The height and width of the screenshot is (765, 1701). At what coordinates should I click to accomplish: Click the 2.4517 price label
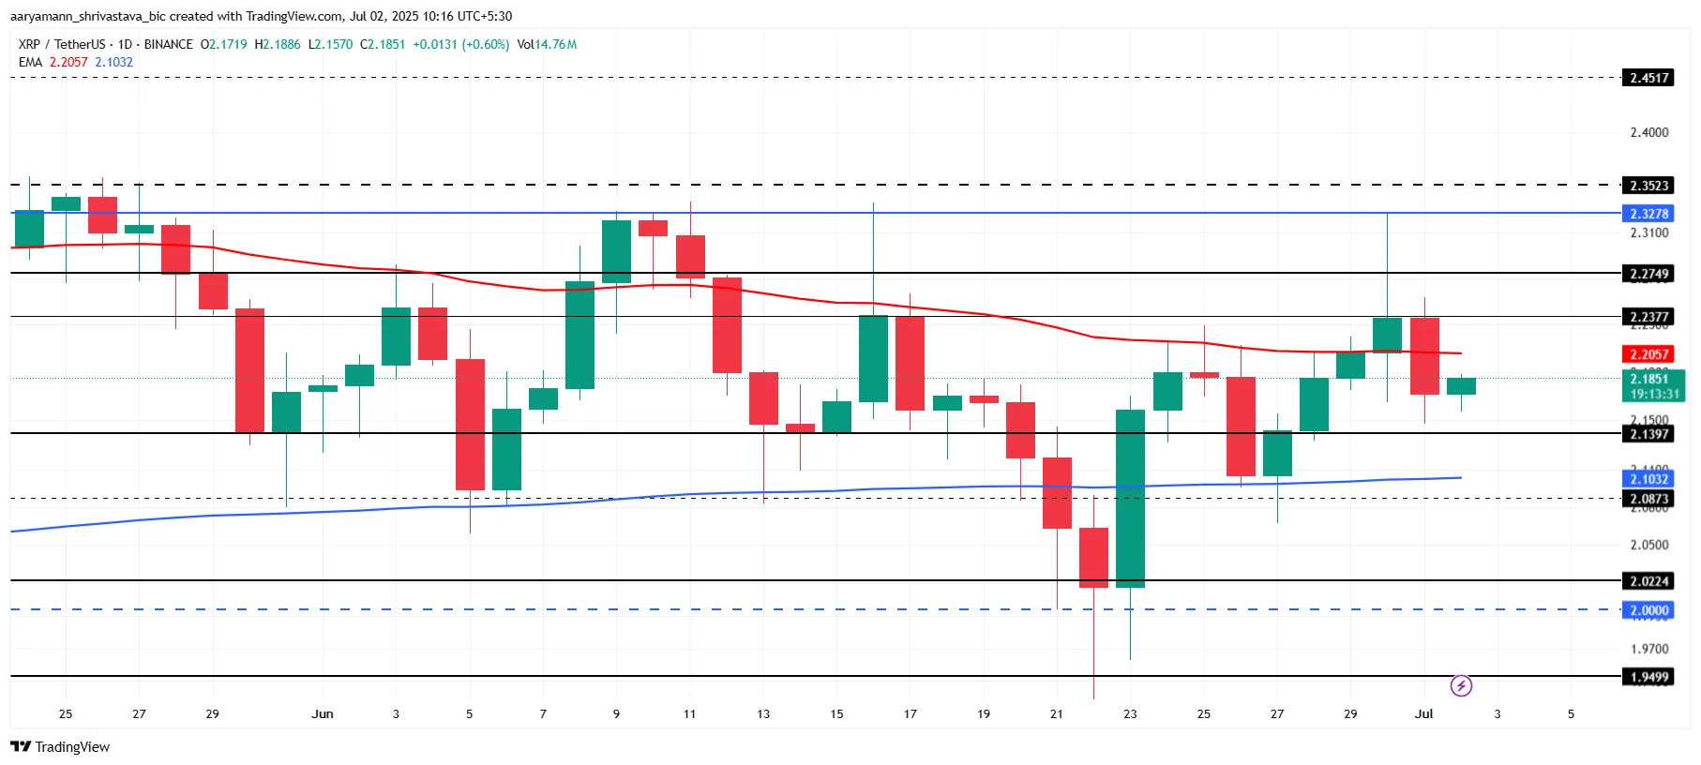(1648, 78)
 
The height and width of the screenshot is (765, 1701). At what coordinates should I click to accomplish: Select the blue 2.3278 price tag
(1648, 214)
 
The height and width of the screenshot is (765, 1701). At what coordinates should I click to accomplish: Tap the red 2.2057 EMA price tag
(1648, 354)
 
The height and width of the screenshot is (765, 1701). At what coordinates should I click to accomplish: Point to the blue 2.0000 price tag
(1648, 610)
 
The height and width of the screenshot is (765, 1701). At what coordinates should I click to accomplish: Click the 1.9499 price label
(1648, 677)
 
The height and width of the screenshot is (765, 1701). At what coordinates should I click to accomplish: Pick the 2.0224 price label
(1648, 581)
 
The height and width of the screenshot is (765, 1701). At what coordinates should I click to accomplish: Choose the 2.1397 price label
(1648, 434)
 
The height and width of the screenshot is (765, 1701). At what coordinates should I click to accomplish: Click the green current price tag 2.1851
(1652, 385)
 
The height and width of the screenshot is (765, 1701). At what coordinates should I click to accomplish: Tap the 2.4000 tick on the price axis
(1648, 132)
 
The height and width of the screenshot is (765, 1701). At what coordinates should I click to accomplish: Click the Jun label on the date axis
(323, 713)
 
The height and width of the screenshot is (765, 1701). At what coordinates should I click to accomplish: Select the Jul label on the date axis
(1423, 713)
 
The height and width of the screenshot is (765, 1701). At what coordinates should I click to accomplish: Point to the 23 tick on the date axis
(1130, 713)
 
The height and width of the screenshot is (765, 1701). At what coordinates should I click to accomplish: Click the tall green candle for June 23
(1130, 498)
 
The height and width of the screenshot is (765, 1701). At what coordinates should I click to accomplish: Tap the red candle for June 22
(1093, 557)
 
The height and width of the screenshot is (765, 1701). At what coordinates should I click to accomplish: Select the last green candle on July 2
(1461, 385)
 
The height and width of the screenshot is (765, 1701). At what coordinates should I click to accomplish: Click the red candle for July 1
(1424, 356)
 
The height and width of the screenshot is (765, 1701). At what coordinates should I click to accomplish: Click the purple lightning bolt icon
(1461, 686)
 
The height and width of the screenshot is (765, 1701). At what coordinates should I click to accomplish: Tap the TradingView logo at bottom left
(60, 747)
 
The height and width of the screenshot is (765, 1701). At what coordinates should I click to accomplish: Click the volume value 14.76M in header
(555, 44)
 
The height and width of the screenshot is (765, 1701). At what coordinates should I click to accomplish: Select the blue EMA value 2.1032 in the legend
(113, 62)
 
